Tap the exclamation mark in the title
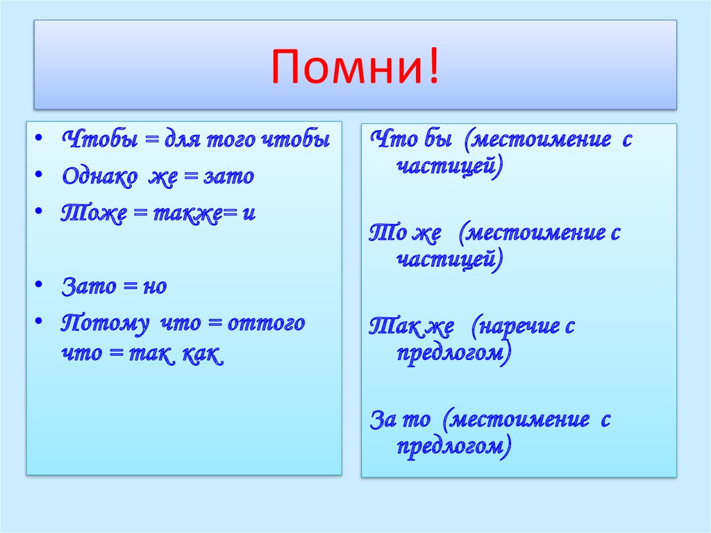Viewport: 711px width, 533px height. click(434, 66)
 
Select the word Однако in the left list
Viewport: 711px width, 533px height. click(100, 176)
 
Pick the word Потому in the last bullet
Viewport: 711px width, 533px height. click(105, 324)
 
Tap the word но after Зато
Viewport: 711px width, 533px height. click(155, 287)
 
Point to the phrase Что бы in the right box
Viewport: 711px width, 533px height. click(411, 138)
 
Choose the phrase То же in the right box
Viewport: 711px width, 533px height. click(405, 233)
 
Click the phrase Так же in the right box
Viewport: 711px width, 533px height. click(411, 326)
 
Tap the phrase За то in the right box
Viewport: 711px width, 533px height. click(400, 419)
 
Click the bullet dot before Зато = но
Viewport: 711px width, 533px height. click(39, 285)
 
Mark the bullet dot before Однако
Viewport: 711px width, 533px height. click(39, 174)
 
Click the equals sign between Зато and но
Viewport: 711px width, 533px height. click(130, 286)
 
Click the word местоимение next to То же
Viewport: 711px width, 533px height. click(535, 233)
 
